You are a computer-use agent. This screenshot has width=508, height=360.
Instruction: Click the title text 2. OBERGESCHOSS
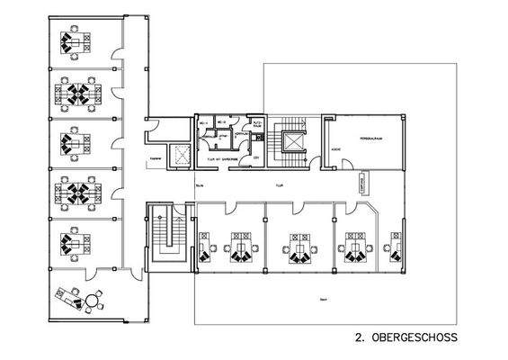406,338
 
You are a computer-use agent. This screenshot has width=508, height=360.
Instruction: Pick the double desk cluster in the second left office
76,92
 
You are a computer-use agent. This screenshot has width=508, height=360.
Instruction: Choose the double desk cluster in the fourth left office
76,191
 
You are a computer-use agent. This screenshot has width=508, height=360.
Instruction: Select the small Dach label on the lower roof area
322,299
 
